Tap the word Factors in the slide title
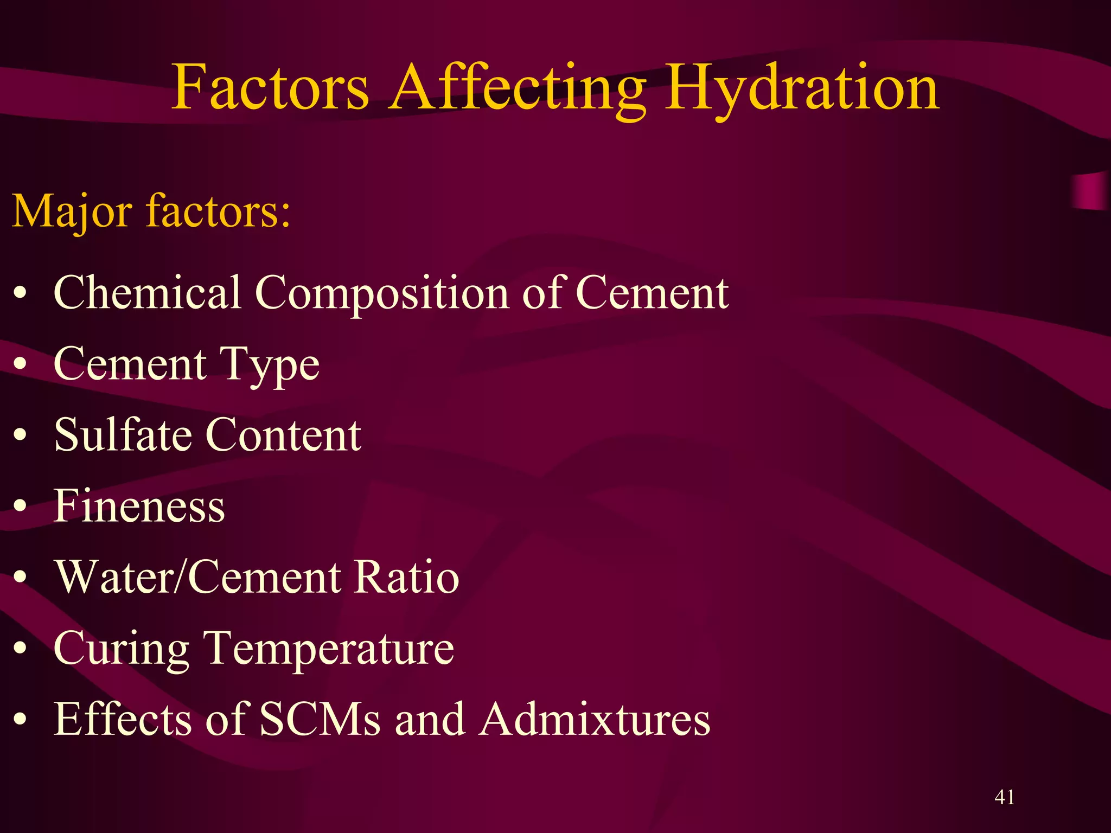270,88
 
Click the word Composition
382,294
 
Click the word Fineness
139,506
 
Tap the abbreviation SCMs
320,719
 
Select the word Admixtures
595,719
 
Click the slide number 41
1005,797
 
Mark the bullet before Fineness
20,506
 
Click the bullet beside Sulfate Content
20,435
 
